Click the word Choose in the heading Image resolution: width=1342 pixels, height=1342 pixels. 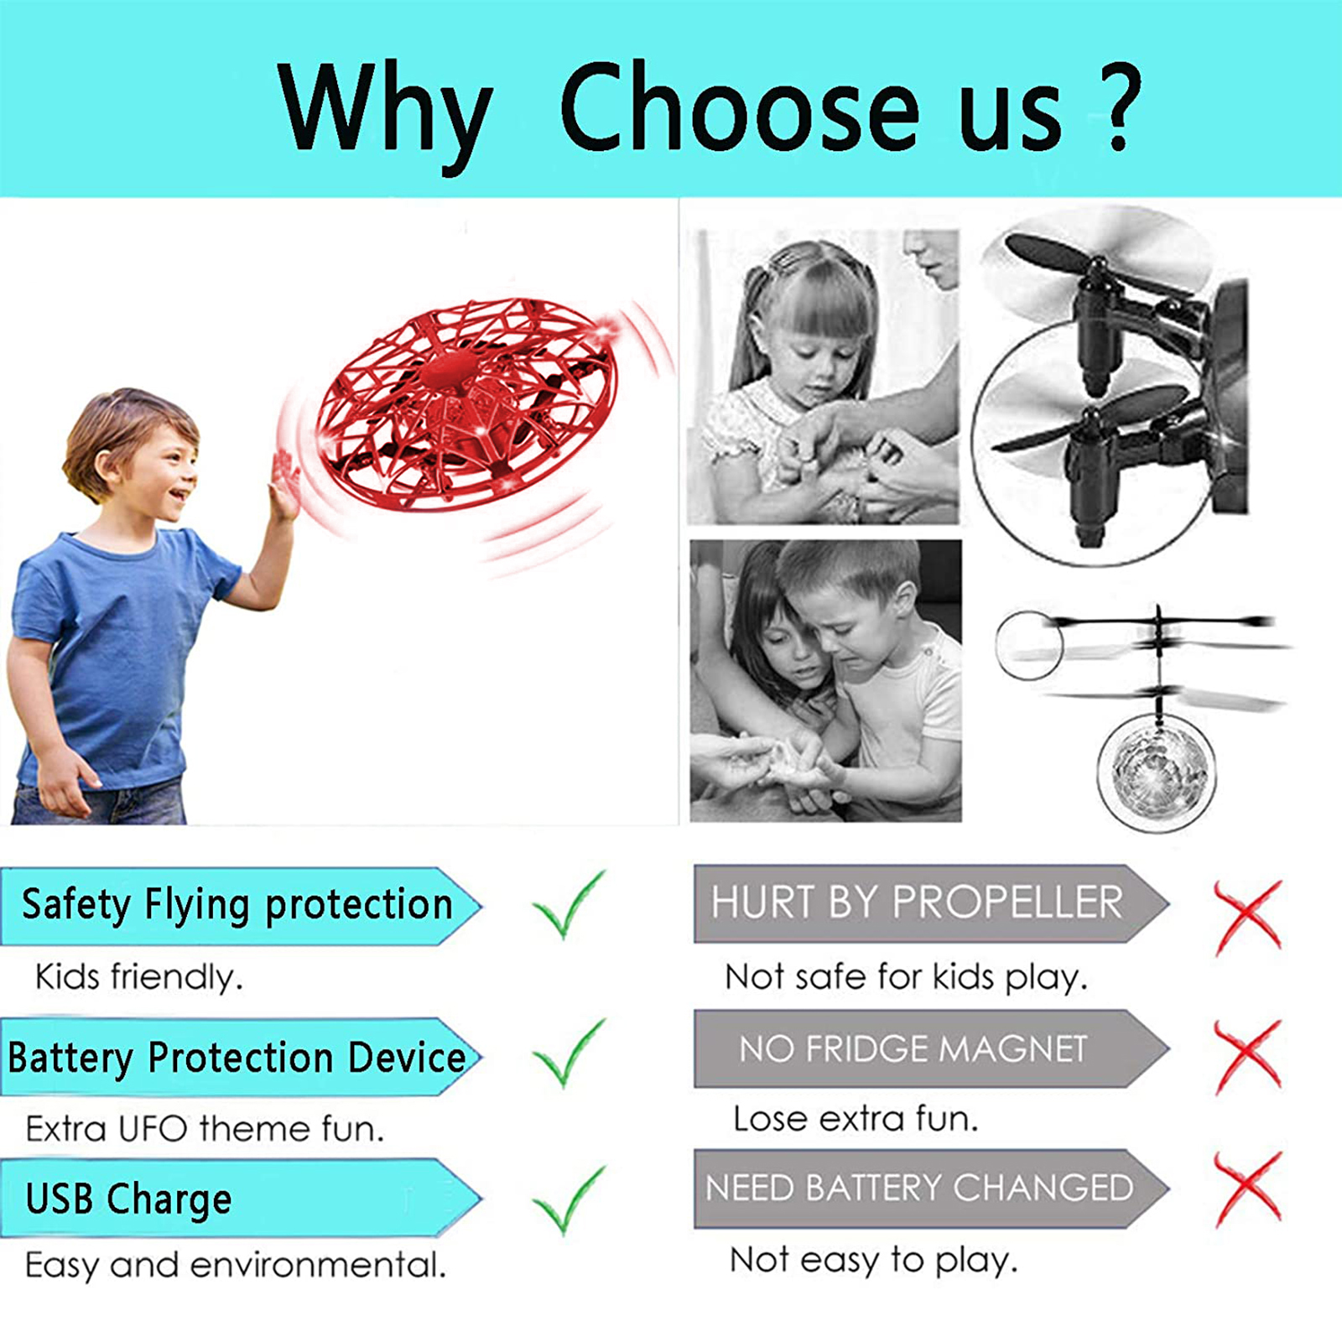point(739,107)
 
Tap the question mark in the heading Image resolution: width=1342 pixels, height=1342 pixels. point(1116,107)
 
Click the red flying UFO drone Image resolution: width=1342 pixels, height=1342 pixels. point(468,404)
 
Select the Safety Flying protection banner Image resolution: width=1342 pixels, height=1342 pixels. point(241,906)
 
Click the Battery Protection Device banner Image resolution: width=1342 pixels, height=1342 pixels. point(241,1057)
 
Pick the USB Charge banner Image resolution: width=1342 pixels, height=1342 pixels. point(241,1198)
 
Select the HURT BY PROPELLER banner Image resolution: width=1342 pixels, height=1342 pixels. point(931,903)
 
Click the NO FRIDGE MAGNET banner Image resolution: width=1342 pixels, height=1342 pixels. point(931,1048)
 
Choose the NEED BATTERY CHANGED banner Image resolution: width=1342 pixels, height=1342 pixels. point(931,1189)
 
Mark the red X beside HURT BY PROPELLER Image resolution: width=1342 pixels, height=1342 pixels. point(1249,918)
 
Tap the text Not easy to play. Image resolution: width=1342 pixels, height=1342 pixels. point(874,1260)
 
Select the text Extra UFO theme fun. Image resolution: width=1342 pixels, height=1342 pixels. point(205,1129)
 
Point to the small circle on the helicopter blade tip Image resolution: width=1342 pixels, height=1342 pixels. point(1029,645)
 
